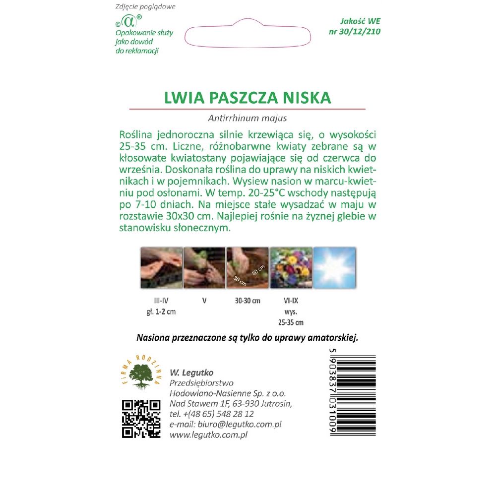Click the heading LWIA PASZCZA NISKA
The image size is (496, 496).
248,97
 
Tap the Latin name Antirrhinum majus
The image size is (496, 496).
248,118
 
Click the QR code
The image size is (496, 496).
141,418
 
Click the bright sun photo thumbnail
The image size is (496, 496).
334,268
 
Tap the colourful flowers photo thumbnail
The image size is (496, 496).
291,268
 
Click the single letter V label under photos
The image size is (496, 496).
204,301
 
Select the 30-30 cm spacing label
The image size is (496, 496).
247,301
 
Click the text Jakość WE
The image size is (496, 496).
360,21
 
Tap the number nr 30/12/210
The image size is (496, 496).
355,32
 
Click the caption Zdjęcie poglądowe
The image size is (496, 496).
145,7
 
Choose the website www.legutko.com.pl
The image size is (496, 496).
208,434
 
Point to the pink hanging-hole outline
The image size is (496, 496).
248,35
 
